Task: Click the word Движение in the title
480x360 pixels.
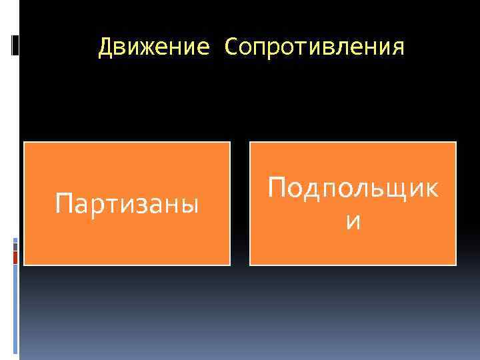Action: click(x=154, y=47)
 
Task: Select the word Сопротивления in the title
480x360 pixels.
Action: click(x=315, y=47)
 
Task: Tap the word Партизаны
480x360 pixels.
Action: click(x=127, y=203)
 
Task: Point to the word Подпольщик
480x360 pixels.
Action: click(x=353, y=189)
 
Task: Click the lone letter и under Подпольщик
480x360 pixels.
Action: click(x=353, y=223)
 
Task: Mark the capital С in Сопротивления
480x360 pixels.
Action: click(x=231, y=47)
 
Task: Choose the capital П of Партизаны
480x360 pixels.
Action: click(x=64, y=202)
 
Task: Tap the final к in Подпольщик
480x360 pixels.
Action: click(x=431, y=189)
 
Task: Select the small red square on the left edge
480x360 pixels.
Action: click(x=15, y=257)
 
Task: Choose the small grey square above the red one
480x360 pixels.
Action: click(x=15, y=246)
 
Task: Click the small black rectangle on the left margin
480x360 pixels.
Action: click(x=15, y=45)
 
